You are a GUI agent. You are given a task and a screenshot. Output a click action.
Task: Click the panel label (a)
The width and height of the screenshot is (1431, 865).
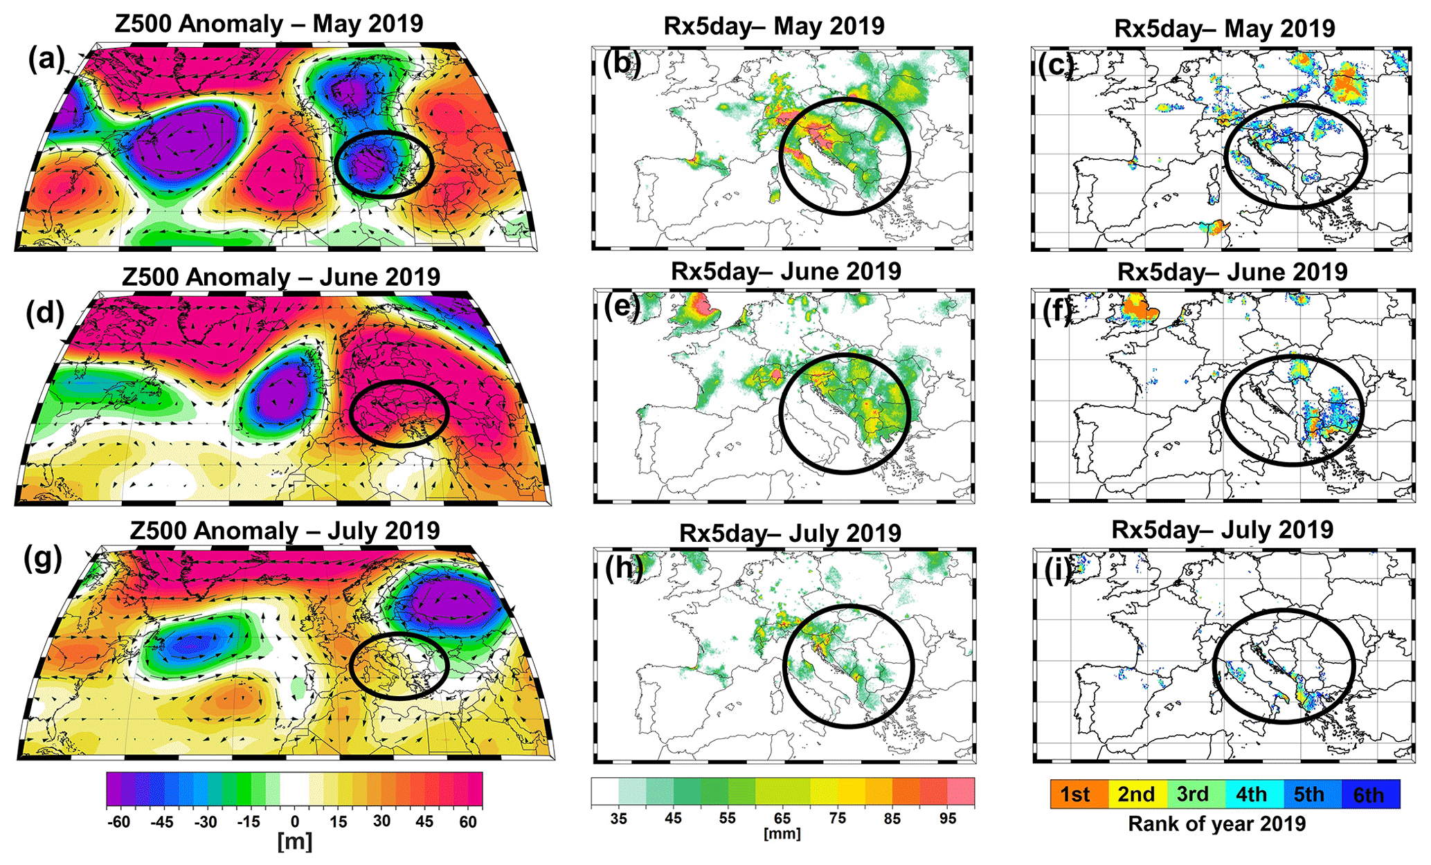pyautogui.click(x=46, y=60)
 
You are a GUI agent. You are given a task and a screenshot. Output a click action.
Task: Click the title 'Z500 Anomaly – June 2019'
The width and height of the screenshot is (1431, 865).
pyautogui.click(x=280, y=277)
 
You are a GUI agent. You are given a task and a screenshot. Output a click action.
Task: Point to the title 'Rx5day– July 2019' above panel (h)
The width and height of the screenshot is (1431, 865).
pyautogui.click(x=790, y=534)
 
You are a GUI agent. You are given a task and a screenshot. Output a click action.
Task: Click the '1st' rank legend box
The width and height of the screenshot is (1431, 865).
pyautogui.click(x=1078, y=794)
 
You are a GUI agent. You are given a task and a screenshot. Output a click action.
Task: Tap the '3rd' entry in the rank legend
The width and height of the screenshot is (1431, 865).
pyautogui.click(x=1194, y=794)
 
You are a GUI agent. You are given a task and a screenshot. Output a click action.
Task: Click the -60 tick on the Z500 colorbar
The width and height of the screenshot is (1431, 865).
pyautogui.click(x=119, y=822)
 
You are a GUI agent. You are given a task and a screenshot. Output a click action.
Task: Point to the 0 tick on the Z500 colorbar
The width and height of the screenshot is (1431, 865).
pyautogui.click(x=295, y=822)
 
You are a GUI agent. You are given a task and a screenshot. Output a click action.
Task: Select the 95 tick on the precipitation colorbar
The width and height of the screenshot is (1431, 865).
pyautogui.click(x=948, y=819)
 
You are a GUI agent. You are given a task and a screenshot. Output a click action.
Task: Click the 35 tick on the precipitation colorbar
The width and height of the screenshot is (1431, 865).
pyautogui.click(x=618, y=819)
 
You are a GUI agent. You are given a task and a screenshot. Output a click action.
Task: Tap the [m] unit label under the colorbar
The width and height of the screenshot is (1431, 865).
pyautogui.click(x=294, y=842)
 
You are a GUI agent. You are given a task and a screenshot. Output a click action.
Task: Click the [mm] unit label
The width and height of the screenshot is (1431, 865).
pyautogui.click(x=782, y=834)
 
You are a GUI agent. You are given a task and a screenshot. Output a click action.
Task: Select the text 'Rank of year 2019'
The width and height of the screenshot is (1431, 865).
pyautogui.click(x=1217, y=823)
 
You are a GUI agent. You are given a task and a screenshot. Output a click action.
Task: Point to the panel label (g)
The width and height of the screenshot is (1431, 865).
pyautogui.click(x=43, y=558)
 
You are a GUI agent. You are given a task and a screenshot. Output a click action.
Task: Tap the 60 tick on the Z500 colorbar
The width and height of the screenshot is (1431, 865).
pyautogui.click(x=468, y=822)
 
